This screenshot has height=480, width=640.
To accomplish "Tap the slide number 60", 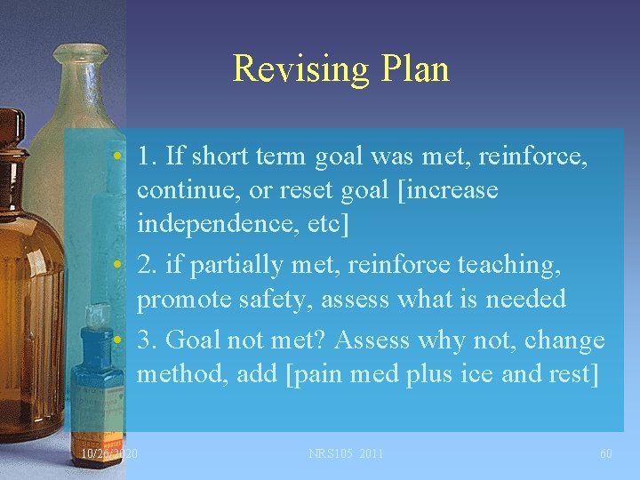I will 605,454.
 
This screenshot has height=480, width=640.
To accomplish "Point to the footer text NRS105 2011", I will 346,454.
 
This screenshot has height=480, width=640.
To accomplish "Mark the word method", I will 185,375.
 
